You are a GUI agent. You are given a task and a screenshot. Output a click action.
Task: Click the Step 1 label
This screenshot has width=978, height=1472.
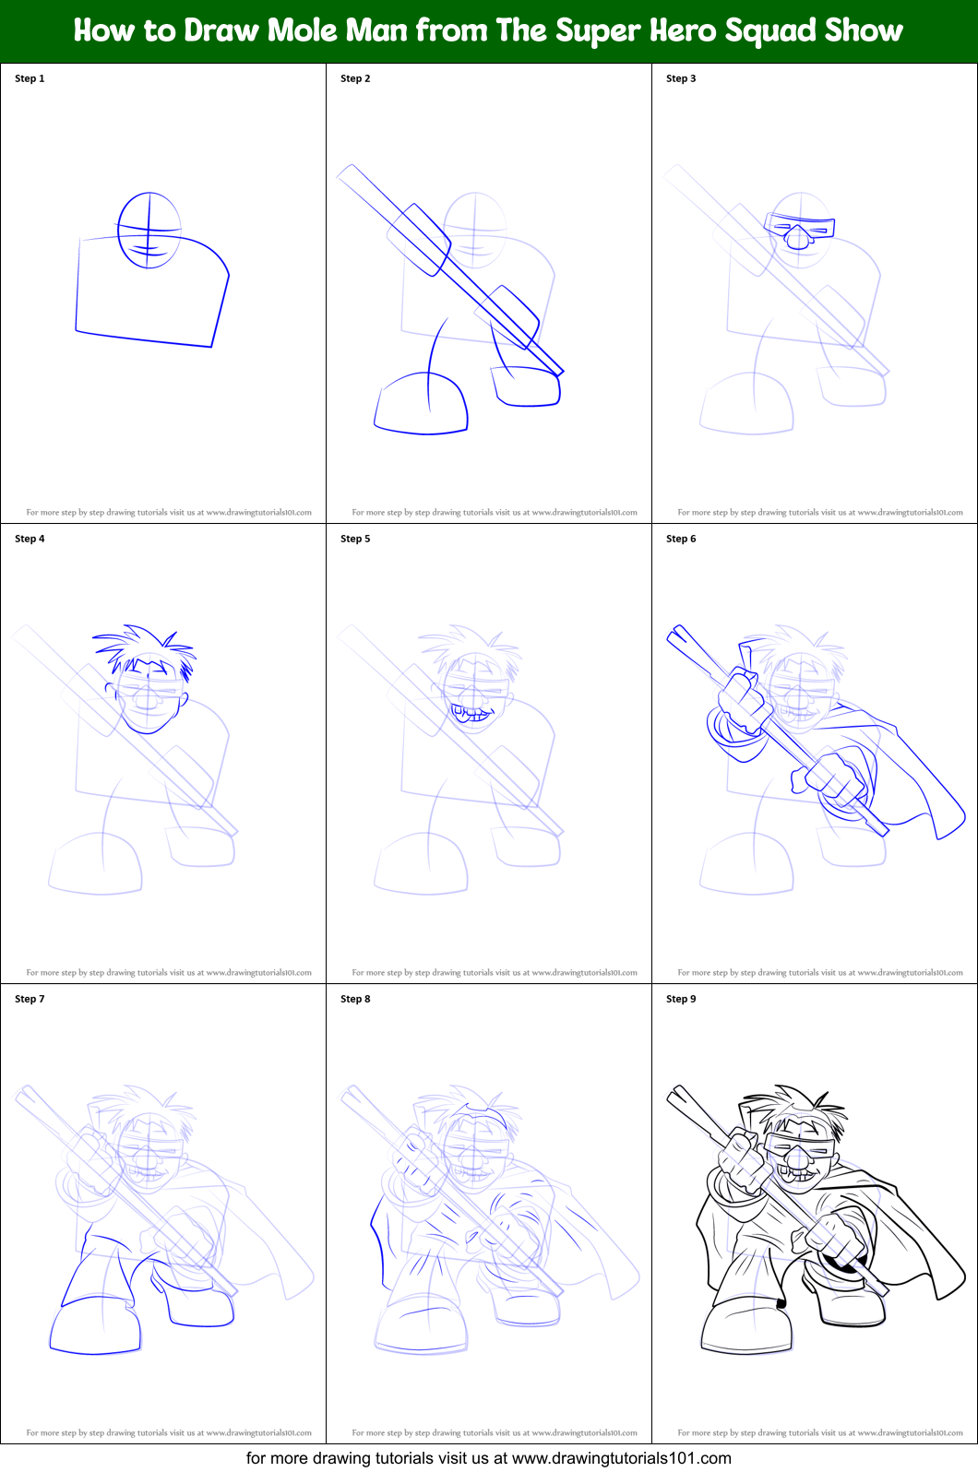(x=30, y=78)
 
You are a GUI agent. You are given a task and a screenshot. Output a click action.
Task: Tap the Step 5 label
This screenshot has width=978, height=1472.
(x=355, y=539)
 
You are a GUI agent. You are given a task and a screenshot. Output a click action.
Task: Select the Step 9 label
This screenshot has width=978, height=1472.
(x=681, y=999)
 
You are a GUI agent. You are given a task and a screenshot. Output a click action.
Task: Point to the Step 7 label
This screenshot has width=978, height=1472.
(x=30, y=999)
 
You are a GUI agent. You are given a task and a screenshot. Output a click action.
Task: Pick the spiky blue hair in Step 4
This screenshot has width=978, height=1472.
(x=146, y=644)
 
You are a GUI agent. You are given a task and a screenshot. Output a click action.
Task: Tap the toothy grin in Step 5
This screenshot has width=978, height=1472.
(x=471, y=713)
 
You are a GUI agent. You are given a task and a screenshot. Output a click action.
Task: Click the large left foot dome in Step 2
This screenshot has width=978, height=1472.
(x=422, y=403)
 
